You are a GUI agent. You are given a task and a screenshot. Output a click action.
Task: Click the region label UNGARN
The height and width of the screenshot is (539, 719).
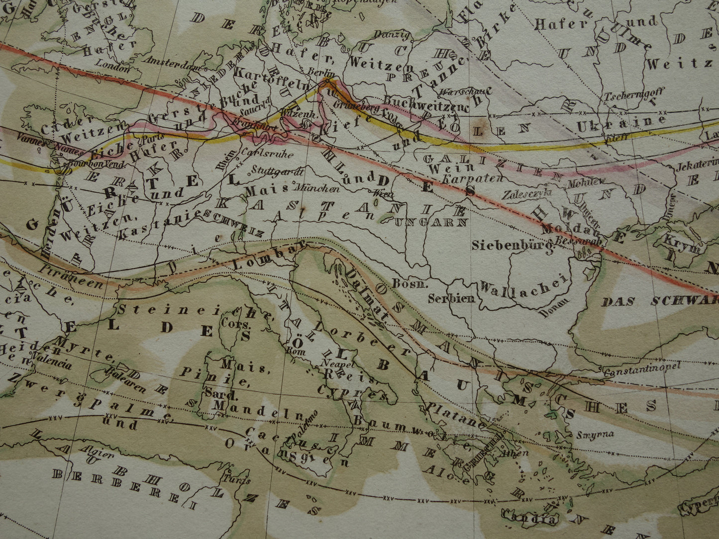tap(431, 222)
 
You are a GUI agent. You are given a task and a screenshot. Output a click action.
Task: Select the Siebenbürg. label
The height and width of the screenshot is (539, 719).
tap(513, 245)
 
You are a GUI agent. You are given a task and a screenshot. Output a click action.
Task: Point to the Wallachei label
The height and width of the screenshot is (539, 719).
tap(524, 287)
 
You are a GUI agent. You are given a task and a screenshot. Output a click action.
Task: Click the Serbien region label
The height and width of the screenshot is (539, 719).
tap(451, 299)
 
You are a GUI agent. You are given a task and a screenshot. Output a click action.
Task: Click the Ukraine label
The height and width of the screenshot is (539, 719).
tap(621, 124)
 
